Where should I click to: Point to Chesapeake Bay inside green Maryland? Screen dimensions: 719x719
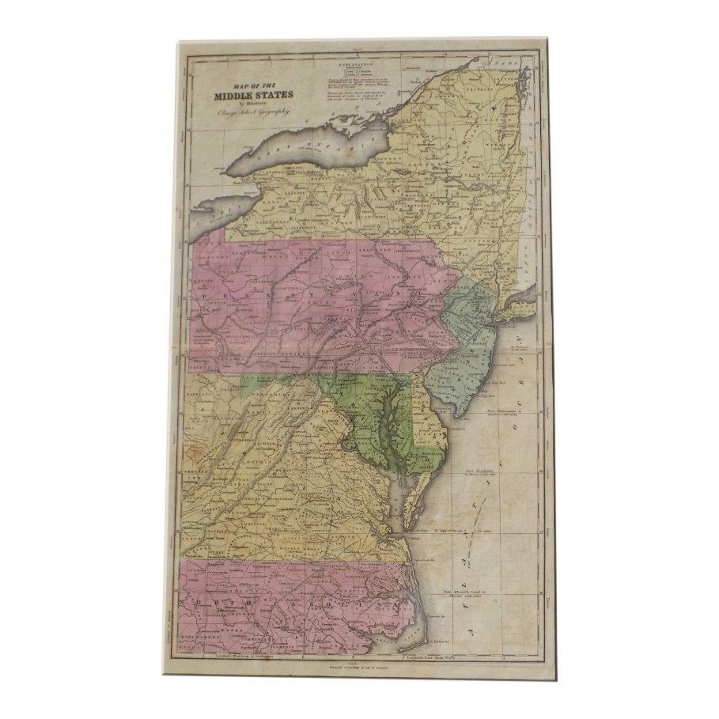[388, 443]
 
